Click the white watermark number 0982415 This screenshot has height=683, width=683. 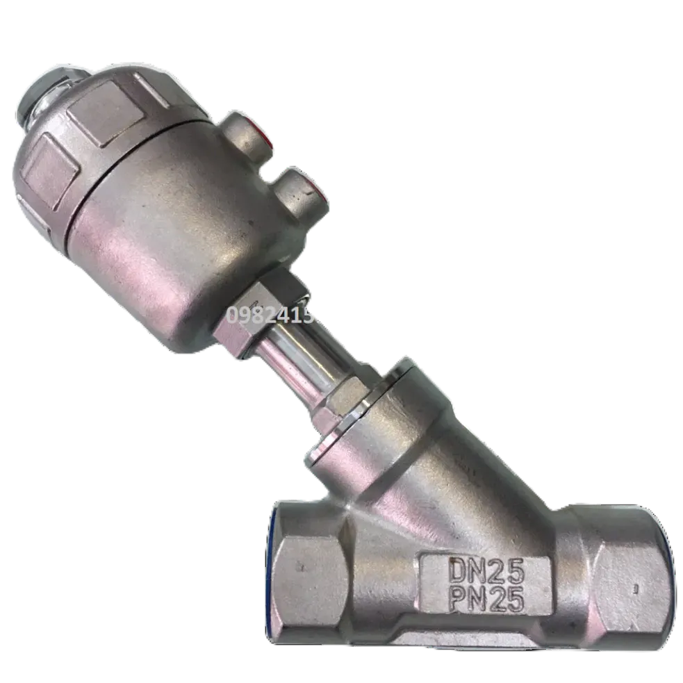coord(271,316)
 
